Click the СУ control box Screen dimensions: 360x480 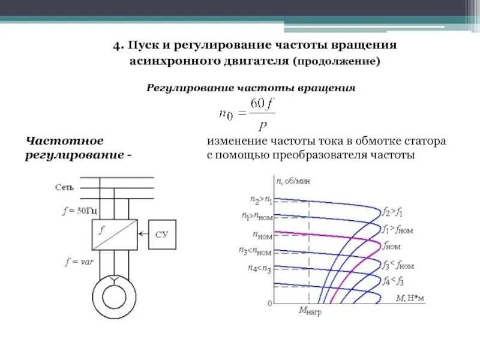pos(161,233)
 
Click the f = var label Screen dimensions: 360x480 pos(79,262)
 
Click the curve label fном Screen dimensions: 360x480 pos(392,246)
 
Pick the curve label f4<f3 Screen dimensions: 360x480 pos(393,281)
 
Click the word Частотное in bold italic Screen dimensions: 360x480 pos(64,141)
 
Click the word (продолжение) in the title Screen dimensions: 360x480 pos(336,61)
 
